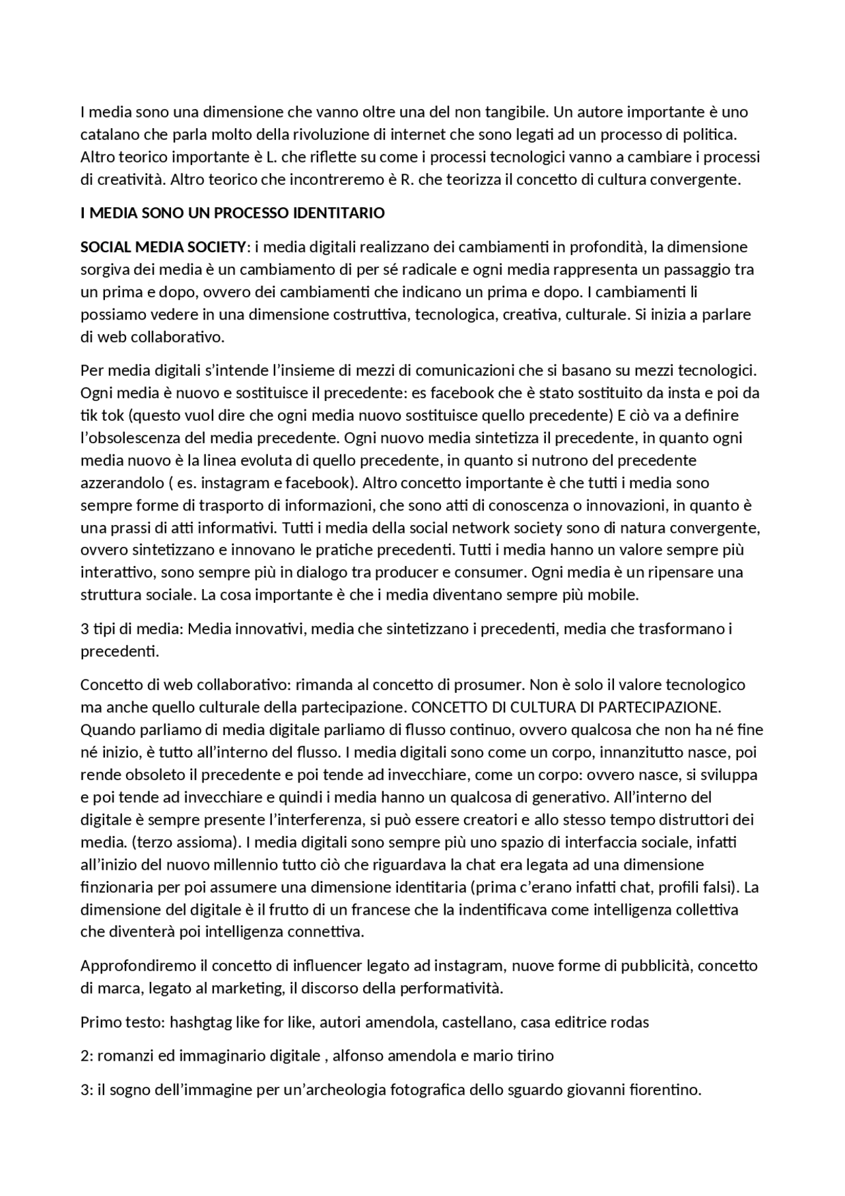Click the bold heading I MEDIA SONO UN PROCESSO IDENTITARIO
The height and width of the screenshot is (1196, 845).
click(232, 213)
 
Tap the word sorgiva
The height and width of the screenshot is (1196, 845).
click(103, 269)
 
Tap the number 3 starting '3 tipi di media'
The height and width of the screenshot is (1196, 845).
click(84, 629)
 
